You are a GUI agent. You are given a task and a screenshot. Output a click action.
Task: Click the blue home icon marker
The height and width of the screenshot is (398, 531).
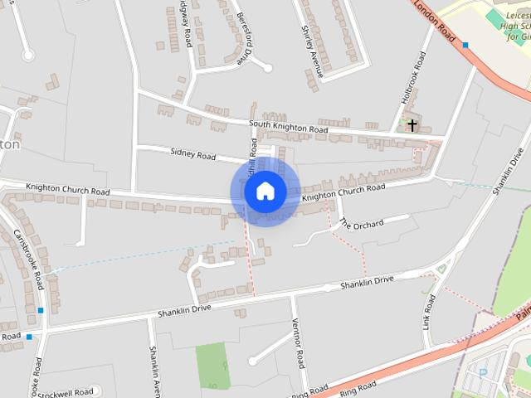[265, 191]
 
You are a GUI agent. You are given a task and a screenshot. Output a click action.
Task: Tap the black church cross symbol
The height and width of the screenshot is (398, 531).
[412, 125]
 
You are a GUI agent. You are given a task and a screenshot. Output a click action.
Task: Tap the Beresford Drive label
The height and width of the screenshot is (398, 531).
[243, 38]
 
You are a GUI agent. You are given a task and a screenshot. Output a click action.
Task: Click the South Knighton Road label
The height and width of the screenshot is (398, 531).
[289, 127]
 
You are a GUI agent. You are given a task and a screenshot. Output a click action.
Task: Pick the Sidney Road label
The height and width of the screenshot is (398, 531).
[192, 154]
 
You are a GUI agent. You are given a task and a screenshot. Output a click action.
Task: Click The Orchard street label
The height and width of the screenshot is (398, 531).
[361, 224]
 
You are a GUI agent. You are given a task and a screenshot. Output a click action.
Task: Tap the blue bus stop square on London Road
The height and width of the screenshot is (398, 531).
[465, 45]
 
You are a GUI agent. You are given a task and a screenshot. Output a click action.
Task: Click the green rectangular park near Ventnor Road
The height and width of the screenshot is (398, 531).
[212, 364]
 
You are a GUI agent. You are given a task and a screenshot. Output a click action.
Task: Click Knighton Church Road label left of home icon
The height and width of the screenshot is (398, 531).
[67, 190]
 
